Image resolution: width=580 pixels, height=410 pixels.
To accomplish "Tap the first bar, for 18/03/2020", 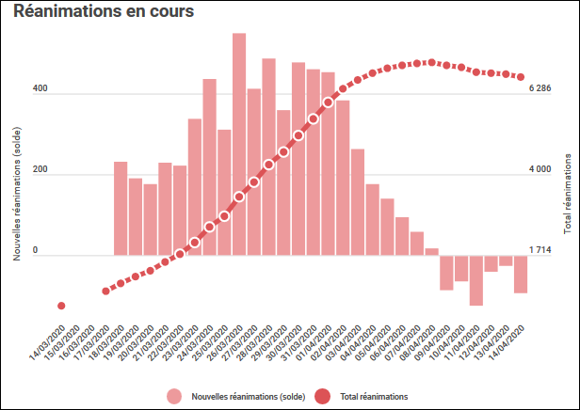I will tap(121, 208).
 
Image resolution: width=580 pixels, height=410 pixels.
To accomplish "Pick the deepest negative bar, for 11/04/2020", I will tap(476, 280).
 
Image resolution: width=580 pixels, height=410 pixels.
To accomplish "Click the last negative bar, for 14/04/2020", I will tap(521, 274).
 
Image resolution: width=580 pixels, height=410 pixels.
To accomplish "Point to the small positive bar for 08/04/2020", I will tap(431, 251).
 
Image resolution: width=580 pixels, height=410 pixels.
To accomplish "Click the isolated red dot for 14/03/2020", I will tap(61, 306).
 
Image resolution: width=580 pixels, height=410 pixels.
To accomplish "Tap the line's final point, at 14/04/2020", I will tap(521, 78).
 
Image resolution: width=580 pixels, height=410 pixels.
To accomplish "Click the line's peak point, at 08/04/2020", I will tap(431, 62).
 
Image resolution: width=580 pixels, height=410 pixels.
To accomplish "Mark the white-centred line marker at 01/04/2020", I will tap(328, 102).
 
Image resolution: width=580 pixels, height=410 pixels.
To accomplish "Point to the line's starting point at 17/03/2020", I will tap(105, 292).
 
